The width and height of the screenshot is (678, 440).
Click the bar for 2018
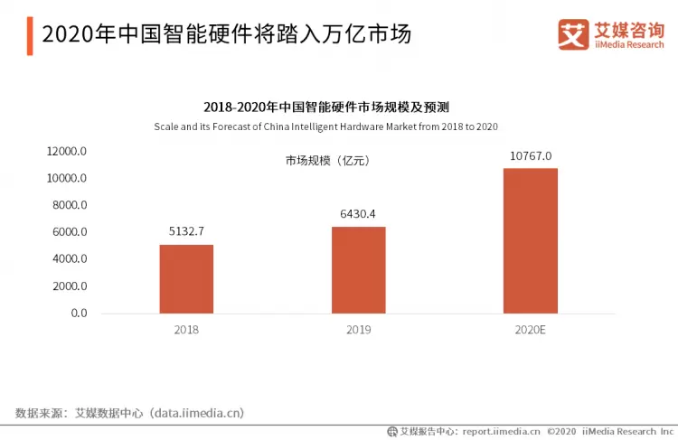(x=186, y=278)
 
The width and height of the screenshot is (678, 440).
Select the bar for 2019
(x=358, y=269)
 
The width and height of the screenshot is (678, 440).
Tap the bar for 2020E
(x=530, y=240)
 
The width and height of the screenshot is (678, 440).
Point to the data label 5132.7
(x=186, y=231)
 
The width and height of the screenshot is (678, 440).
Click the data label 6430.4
(x=358, y=213)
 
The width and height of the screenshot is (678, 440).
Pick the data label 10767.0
(x=530, y=155)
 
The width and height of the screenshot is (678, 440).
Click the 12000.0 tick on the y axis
(x=68, y=151)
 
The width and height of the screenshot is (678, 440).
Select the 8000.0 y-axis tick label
(x=68, y=205)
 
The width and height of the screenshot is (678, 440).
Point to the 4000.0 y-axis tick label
(x=68, y=259)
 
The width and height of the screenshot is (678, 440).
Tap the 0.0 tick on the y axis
(x=78, y=314)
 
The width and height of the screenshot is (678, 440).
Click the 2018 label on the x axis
(x=186, y=330)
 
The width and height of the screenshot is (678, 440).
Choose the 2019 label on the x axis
(x=358, y=330)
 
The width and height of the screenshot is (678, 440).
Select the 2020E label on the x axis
(x=530, y=330)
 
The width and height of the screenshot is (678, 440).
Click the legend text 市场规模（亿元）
(x=328, y=161)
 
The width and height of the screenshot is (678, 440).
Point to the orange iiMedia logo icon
(x=572, y=34)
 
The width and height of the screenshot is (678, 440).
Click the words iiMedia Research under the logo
(x=626, y=43)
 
